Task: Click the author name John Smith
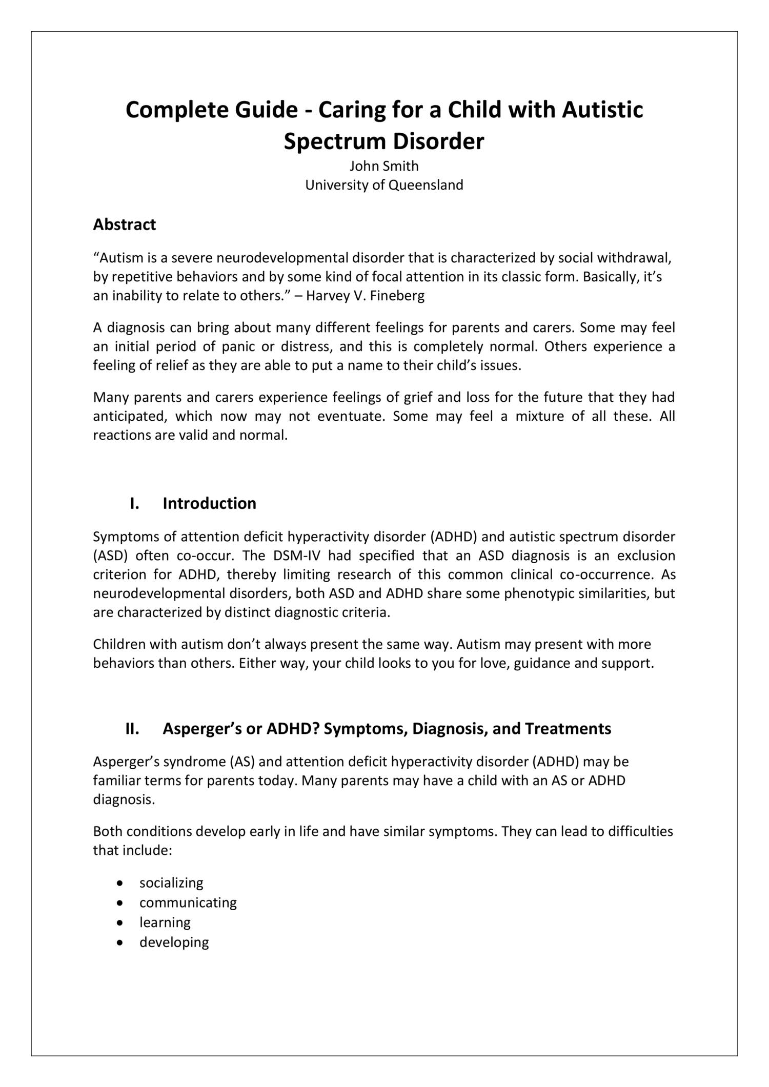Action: coord(384,166)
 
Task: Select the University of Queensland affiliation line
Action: coord(384,185)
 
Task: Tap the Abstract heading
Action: coord(124,224)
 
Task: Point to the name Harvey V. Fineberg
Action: coord(365,296)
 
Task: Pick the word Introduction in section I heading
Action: coord(209,503)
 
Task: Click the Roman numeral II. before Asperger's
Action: coord(132,728)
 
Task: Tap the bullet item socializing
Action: coord(171,883)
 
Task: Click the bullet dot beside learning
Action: coord(120,922)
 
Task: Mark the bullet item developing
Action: coord(174,942)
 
